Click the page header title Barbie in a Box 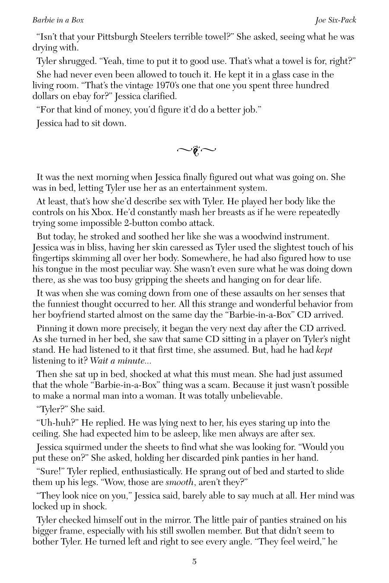point(58,20)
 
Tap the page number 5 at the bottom point(194,561)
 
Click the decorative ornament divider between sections point(196,150)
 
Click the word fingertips point(54,258)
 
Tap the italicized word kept point(324,350)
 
